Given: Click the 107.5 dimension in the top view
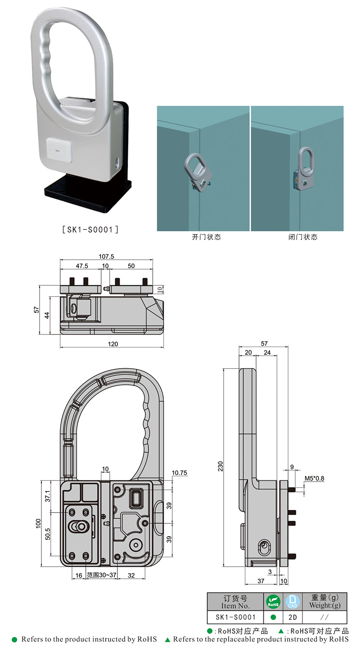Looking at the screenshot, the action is pyautogui.click(x=106, y=257).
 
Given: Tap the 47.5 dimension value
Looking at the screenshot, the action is pyautogui.click(x=82, y=266).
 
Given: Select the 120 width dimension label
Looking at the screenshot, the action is pyautogui.click(x=113, y=344).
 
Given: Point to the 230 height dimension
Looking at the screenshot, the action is pyautogui.click(x=220, y=466).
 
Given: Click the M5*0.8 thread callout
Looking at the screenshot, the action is pyautogui.click(x=314, y=478).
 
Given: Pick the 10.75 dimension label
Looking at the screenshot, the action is pyautogui.click(x=179, y=473).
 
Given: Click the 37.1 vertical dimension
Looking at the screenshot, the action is pyautogui.click(x=48, y=496).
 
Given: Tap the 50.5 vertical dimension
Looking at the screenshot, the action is pyautogui.click(x=48, y=534).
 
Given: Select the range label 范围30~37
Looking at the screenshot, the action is pyautogui.click(x=102, y=575).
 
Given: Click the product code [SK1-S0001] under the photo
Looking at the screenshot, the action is pyautogui.click(x=90, y=230).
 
